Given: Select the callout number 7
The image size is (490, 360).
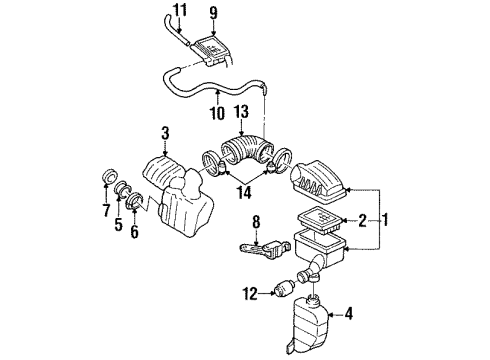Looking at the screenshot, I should click(106, 211).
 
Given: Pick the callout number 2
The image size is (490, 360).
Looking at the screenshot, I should click(364, 221).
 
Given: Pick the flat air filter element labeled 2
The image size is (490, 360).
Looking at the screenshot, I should click(316, 221).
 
